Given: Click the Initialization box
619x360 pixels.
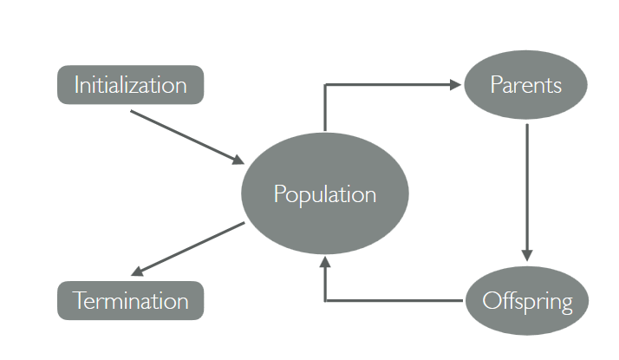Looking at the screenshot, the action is (131, 85).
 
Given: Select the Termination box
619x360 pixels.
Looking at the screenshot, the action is (131, 301).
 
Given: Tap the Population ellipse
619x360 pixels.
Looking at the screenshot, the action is (325, 193).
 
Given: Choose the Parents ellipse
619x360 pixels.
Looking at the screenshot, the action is (526, 84).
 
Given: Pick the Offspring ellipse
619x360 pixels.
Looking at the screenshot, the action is (527, 301).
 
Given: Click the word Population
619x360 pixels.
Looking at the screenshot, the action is (325, 194).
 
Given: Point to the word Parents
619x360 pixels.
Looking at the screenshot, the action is (526, 85).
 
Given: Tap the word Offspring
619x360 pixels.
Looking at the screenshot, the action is (527, 302).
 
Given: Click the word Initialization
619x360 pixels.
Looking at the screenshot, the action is (131, 85).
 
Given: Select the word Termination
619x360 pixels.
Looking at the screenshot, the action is (131, 301).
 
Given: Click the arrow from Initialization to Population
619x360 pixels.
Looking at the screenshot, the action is (187, 137).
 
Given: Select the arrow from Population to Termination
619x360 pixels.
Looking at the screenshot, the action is (187, 249).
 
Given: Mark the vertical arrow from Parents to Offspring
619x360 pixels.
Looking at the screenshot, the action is (527, 193).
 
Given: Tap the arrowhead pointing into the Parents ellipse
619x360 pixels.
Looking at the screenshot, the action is (455, 84).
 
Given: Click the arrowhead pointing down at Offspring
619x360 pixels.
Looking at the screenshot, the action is (527, 255).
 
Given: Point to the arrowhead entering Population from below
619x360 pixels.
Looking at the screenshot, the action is (325, 262).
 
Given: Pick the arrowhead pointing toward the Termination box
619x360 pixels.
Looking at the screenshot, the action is (137, 272).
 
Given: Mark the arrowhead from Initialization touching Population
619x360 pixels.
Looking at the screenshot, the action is (238, 160).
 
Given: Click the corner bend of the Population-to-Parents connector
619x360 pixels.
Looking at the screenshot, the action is (325, 84).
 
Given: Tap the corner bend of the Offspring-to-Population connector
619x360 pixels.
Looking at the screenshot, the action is (325, 301).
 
